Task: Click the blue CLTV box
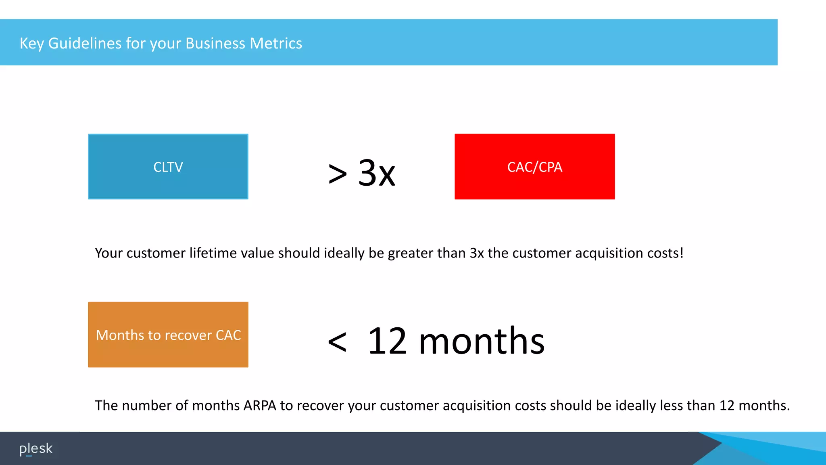[x=168, y=166]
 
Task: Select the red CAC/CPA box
[x=534, y=166]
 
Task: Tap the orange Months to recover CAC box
[x=168, y=335]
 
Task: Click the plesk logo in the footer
[x=36, y=448]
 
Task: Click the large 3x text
[x=377, y=173]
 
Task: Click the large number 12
[x=387, y=341]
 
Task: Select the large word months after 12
[x=482, y=341]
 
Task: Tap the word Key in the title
[x=31, y=43]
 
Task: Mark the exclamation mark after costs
[x=682, y=253]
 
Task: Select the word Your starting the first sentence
[x=108, y=253]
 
